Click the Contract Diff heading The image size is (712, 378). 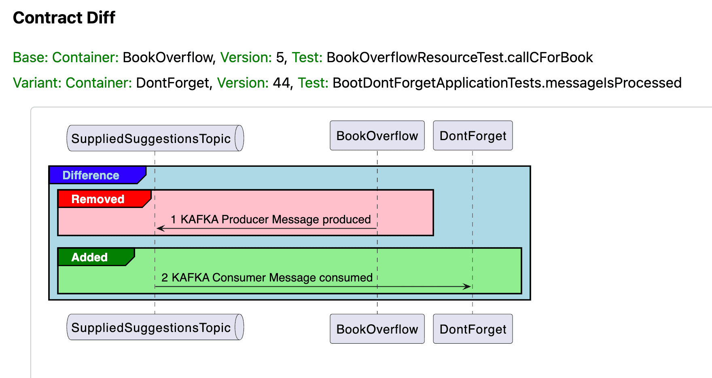tap(64, 18)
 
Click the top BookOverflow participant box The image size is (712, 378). tap(377, 136)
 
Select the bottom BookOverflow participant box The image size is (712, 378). tap(377, 329)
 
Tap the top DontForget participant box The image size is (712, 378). tap(473, 136)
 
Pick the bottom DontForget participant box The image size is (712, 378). tap(473, 329)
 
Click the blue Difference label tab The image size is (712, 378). tap(91, 175)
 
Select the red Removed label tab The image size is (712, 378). tap(98, 199)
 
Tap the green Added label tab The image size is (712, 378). tap(90, 257)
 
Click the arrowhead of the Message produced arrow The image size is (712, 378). tap(160, 229)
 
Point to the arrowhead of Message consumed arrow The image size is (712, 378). tap(468, 287)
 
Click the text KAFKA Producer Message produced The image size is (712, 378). tap(275, 219)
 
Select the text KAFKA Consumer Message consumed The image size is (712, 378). tap(272, 277)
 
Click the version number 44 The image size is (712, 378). tap(281, 83)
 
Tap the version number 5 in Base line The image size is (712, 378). tap(280, 57)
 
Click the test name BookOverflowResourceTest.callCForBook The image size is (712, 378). tap(460, 57)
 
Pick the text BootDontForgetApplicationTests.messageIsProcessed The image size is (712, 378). tap(507, 83)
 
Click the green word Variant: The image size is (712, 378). tap(37, 83)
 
